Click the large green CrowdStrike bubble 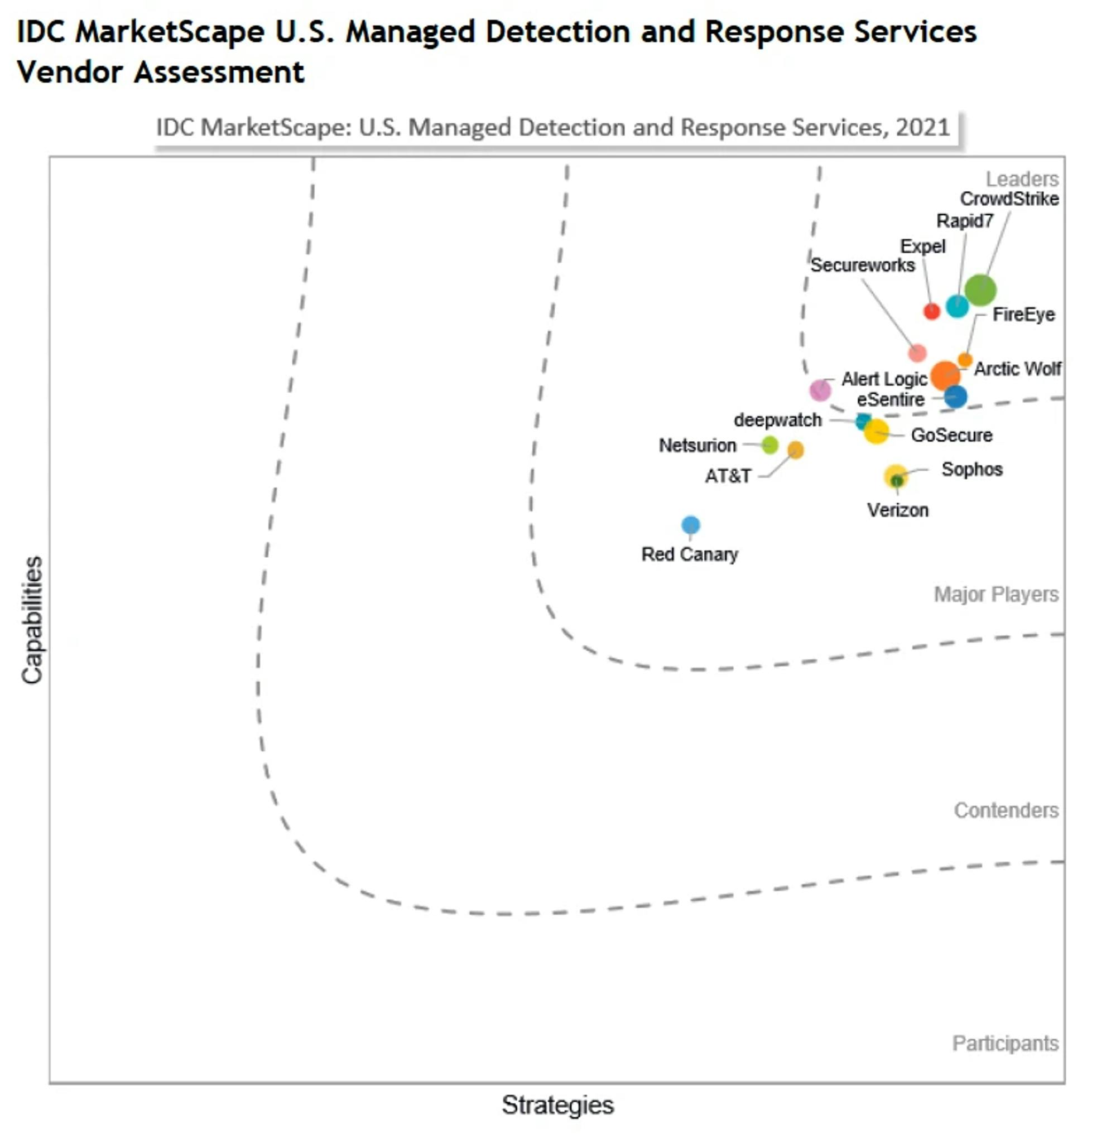click(980, 289)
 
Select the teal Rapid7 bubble click(956, 305)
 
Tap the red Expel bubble click(931, 311)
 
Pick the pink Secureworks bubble click(917, 353)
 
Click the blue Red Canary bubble click(690, 524)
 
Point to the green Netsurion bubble click(769, 445)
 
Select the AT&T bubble click(795, 450)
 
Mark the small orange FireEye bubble click(965, 360)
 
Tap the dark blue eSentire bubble click(955, 397)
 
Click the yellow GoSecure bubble click(876, 432)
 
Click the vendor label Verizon click(897, 510)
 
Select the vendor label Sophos click(971, 469)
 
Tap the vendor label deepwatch click(777, 419)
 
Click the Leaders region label click(1022, 178)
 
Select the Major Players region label click(996, 594)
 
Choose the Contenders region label click(1006, 810)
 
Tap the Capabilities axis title click(32, 620)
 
